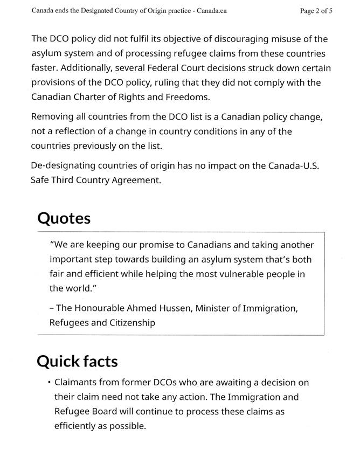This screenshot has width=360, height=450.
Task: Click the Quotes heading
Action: click(64, 218)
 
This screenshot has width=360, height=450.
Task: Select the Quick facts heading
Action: click(77, 361)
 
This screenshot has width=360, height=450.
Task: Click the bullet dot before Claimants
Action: click(49, 383)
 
